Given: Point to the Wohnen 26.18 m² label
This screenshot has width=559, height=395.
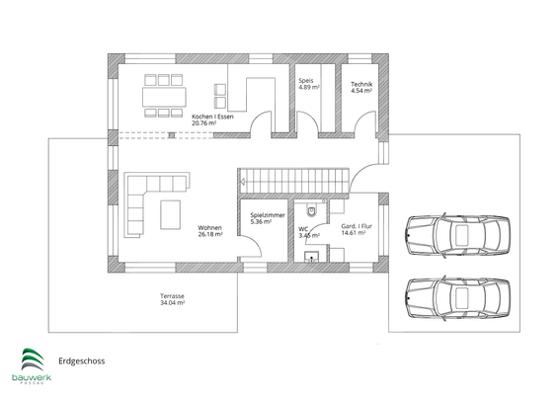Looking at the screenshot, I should [x=209, y=231].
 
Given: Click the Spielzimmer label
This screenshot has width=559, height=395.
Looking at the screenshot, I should [x=268, y=218].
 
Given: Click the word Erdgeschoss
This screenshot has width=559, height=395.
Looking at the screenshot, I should [x=82, y=360].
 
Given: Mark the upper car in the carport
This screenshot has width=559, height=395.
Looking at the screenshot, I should [x=458, y=236].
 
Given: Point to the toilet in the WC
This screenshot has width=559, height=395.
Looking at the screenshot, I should [x=313, y=209].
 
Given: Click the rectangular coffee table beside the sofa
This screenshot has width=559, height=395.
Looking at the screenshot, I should [x=171, y=213].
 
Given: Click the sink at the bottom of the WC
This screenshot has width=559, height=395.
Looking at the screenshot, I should [x=313, y=257].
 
